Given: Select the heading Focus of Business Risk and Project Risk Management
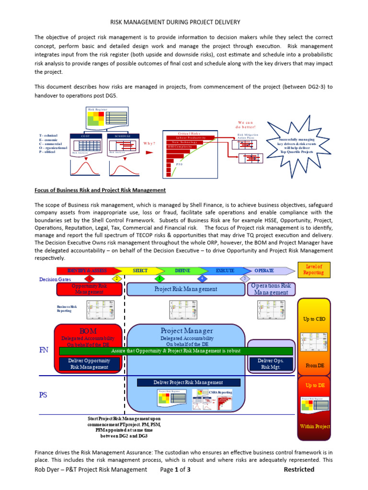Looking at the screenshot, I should coord(100,190).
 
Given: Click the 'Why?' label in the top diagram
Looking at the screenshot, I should coord(150,143).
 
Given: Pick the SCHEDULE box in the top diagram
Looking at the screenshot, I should coord(123,136).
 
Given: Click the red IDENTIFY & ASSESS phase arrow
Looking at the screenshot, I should coord(86,270).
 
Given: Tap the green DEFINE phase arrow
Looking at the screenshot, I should coord(183,270).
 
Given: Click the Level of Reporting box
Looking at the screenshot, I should coord(314,269).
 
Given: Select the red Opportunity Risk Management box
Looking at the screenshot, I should coord(89,289).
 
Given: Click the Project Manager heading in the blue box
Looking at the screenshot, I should coord(187,331).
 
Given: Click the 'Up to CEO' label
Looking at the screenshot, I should coord(314,319).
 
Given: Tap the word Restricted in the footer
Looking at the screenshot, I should coord(299,469).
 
